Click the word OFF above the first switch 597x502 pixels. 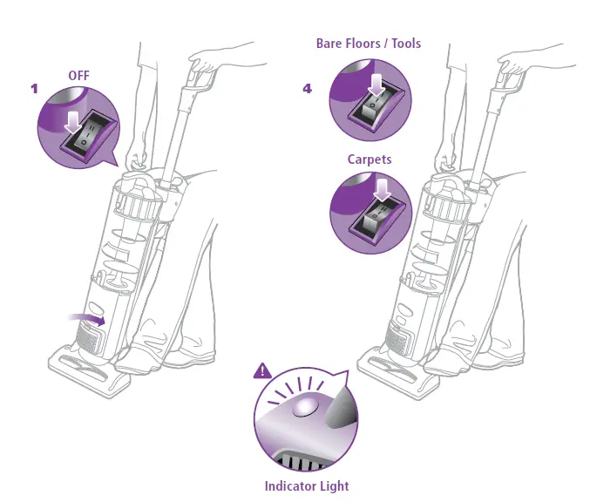(x=79, y=76)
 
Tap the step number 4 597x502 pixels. (x=307, y=89)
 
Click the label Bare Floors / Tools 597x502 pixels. (x=370, y=43)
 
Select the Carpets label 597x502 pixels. (x=370, y=159)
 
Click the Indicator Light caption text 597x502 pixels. (x=307, y=486)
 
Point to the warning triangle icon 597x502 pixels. (x=261, y=371)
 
